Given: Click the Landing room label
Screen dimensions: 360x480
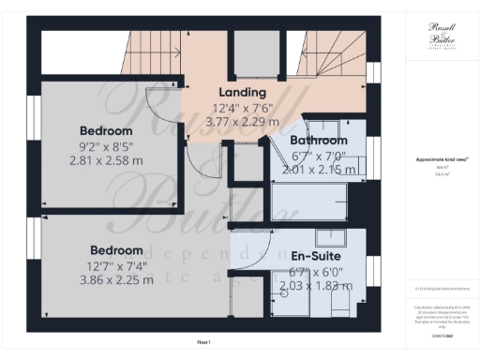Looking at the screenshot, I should coord(243,93).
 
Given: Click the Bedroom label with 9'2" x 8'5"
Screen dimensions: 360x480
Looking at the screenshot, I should coord(106,130).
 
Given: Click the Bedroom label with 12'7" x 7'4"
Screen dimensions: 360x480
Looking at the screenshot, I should coord(116,250).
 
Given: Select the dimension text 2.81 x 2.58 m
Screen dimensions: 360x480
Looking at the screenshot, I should coord(106,160).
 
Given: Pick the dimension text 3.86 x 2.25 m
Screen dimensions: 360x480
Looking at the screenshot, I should coord(116,279).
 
